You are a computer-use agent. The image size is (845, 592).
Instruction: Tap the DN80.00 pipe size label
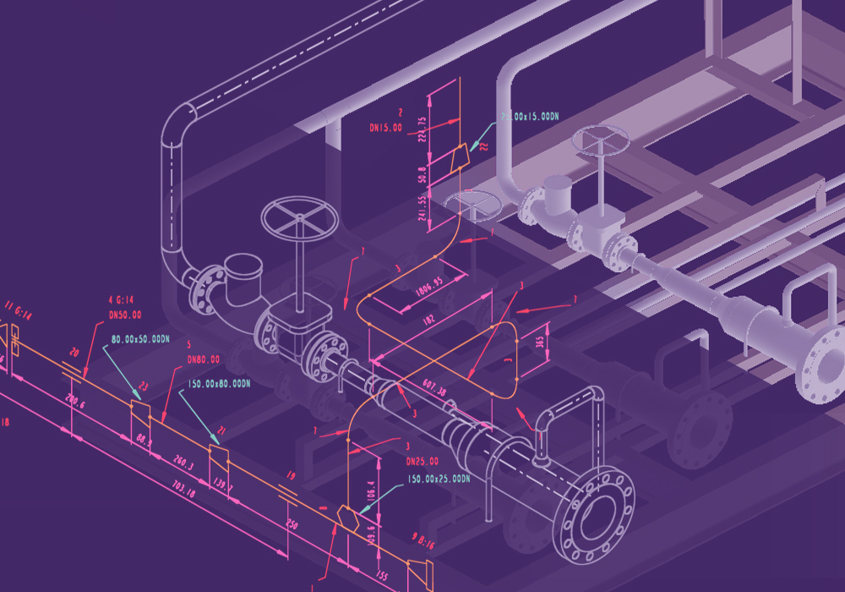(203, 359)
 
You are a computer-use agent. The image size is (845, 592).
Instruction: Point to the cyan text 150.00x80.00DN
(219, 383)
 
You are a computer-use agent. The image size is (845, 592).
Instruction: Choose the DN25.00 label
(422, 462)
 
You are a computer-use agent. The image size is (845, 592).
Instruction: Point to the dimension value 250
(292, 524)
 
